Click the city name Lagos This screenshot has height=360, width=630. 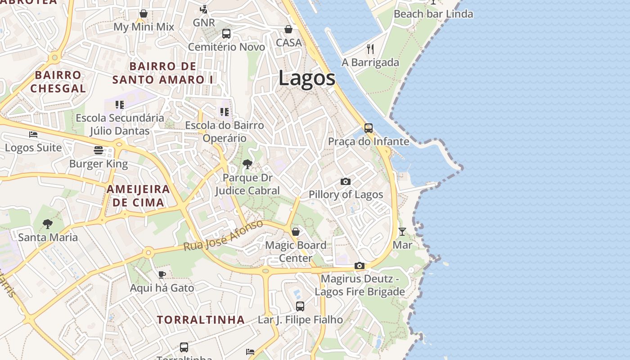307,78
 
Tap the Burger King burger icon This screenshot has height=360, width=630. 99,150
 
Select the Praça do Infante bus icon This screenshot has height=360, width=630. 369,128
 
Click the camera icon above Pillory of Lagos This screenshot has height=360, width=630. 346,181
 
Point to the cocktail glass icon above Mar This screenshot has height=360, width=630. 402,232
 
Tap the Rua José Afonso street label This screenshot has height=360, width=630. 223,235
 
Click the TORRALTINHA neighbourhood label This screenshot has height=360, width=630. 201,320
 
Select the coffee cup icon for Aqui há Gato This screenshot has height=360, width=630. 162,274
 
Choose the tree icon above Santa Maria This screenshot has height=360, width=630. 48,224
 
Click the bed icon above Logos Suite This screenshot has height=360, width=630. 33,134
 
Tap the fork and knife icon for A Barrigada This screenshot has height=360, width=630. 370,49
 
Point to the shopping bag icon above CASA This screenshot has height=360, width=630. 288,29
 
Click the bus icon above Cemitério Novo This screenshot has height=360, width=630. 226,34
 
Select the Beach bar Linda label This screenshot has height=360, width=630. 433,14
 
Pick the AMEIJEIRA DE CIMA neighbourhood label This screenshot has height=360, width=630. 138,196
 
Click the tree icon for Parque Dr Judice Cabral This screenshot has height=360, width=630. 247,164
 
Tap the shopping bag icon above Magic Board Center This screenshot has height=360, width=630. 296,232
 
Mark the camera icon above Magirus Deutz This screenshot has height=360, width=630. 359,265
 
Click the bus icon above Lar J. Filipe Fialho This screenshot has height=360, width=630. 300,306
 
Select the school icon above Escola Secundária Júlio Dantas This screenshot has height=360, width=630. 120,105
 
